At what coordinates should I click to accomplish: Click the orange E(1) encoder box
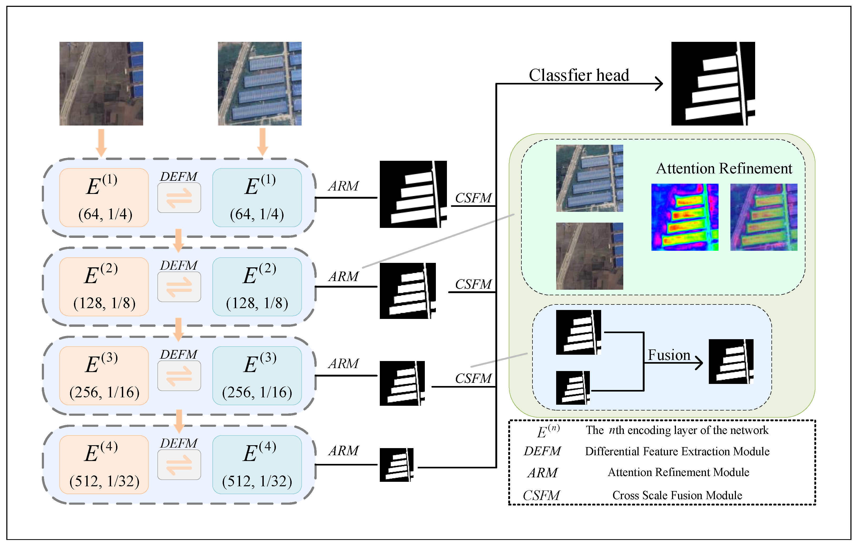point(104,198)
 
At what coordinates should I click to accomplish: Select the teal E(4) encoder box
point(257,464)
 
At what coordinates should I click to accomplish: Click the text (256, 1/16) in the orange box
point(104,393)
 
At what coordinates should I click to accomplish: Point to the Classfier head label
point(579,75)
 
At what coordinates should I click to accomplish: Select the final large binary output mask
point(713,83)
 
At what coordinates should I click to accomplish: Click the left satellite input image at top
point(101,83)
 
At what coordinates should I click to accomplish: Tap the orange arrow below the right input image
point(262,142)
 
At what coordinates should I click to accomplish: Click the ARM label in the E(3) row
point(343,363)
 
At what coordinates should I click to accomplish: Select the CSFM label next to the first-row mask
point(473,198)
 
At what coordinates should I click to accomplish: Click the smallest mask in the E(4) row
point(396,464)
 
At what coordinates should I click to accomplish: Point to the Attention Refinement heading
point(724,168)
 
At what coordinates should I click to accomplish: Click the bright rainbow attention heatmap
point(685,217)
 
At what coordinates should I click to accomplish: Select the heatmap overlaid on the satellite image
point(763,217)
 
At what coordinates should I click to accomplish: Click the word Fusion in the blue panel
point(669,355)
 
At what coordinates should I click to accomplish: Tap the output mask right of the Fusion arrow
point(731,361)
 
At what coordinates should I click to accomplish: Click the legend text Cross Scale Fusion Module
point(677,495)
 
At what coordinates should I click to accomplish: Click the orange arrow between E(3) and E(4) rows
point(179,421)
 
